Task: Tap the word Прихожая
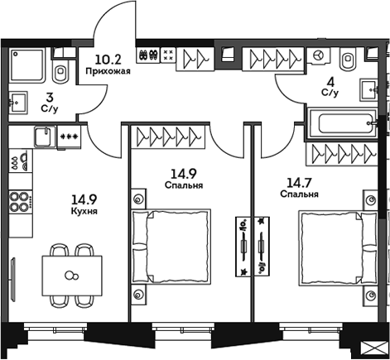[x=108, y=71]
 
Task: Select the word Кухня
[x=84, y=212]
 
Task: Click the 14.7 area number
[x=296, y=182]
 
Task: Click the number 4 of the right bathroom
[x=330, y=81]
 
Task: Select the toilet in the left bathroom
[x=61, y=68]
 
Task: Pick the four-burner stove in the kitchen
[x=20, y=202]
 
